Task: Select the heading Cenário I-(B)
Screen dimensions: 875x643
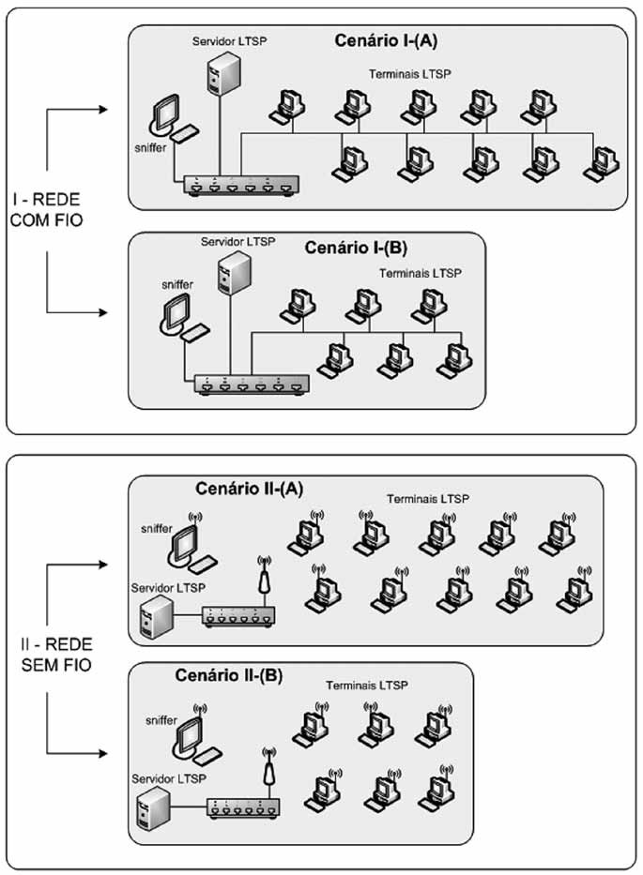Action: [x=354, y=249]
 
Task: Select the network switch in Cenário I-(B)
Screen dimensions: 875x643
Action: [x=251, y=384]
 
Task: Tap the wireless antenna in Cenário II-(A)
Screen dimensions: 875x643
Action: [x=265, y=579]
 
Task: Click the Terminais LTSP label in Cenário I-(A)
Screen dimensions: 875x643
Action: [x=412, y=72]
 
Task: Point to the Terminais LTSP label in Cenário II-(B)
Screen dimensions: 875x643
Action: [x=366, y=686]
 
